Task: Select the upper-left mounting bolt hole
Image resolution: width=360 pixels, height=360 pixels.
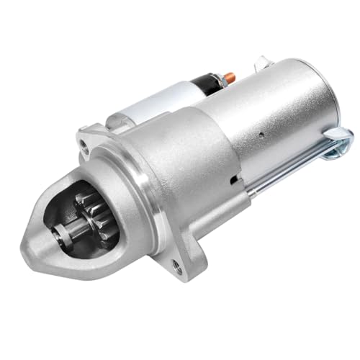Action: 86,147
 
